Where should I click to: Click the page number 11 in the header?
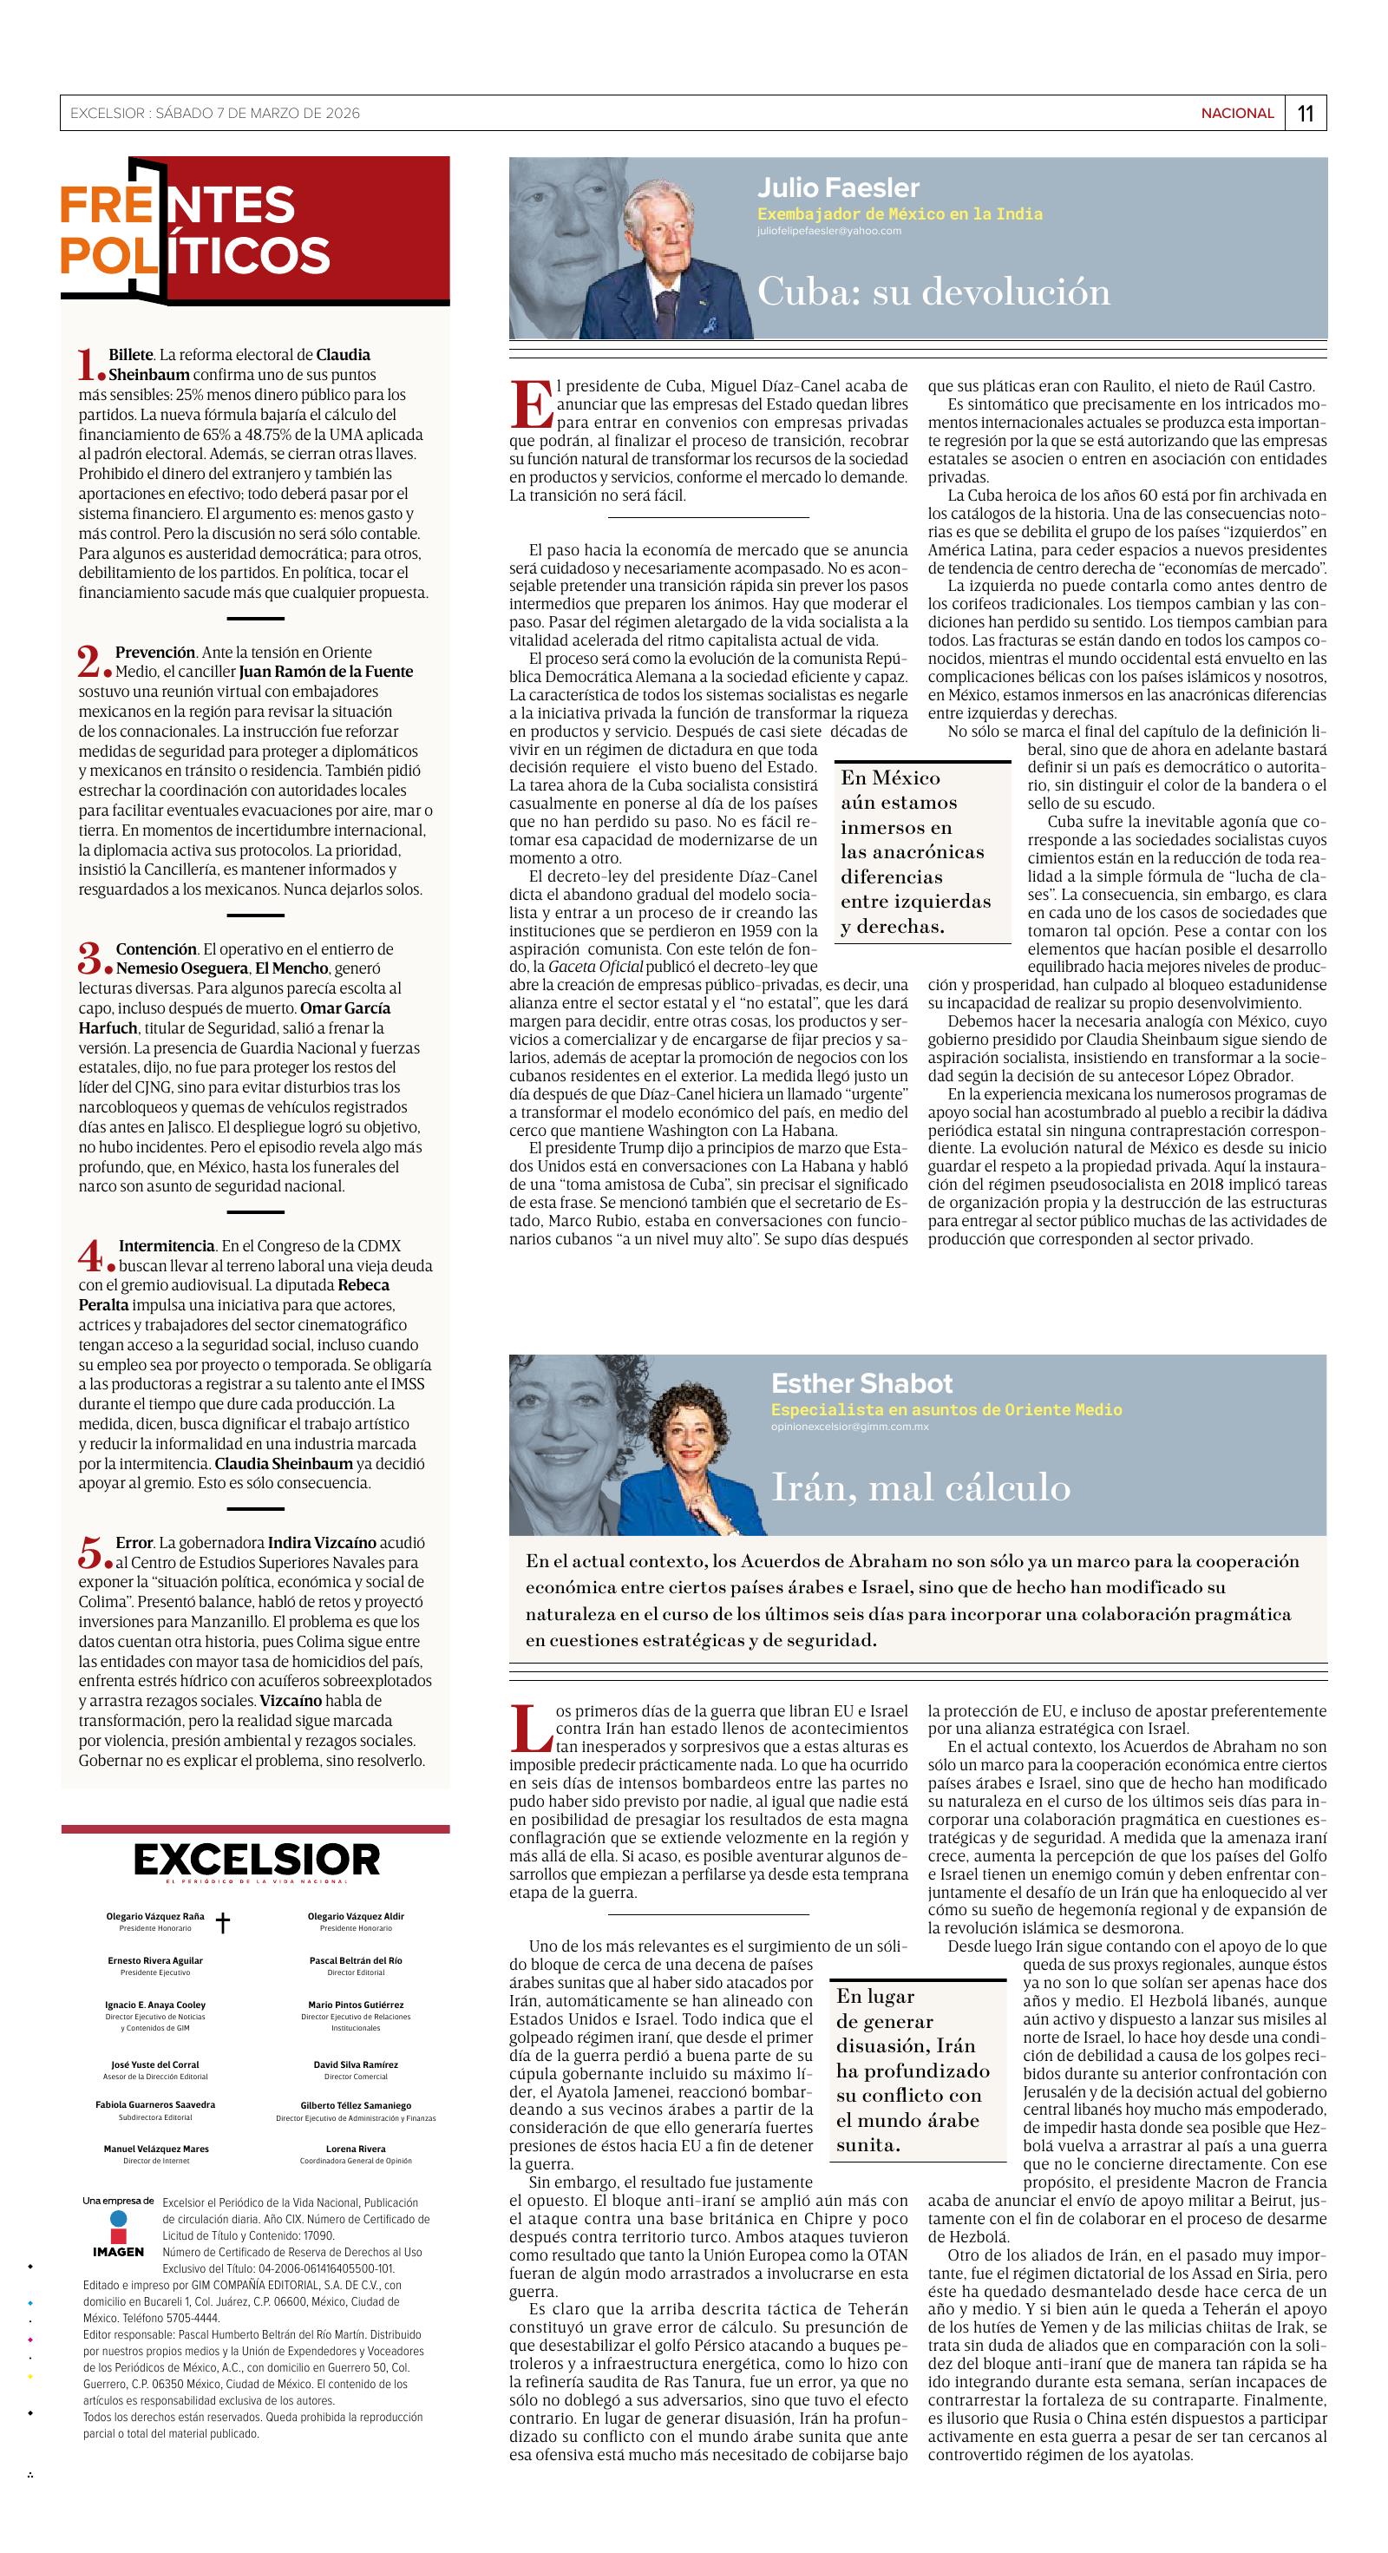pos(1305,113)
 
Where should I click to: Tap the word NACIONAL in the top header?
pos(1237,113)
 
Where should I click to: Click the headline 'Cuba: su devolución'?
pos(933,292)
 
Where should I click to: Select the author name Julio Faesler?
pos(838,187)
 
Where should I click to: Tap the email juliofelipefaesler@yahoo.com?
pos(829,231)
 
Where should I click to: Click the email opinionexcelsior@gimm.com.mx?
pos(849,1426)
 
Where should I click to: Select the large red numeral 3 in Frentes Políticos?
pos(90,958)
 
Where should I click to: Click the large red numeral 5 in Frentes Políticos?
pos(90,1552)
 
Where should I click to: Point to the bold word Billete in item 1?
pos(131,354)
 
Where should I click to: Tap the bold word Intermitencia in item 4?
pos(167,1246)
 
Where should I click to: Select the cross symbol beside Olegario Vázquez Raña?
pos(224,1924)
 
